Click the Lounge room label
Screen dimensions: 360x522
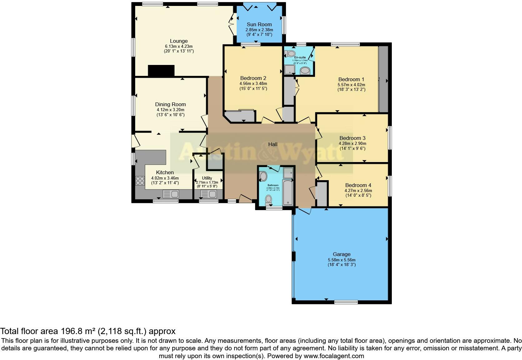[x=179, y=41]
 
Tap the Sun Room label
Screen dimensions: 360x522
[x=259, y=24]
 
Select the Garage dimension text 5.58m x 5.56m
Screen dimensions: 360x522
[x=342, y=260]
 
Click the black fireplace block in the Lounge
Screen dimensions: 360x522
[x=161, y=71]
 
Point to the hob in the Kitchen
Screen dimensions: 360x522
[x=140, y=180]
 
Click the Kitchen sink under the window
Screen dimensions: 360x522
[x=170, y=194]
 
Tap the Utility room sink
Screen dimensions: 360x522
[x=208, y=194]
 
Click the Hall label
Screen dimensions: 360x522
[x=273, y=144]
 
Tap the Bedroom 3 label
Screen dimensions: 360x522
[x=352, y=138]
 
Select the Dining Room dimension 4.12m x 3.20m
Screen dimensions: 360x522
[x=170, y=110]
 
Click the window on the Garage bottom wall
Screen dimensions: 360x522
[x=346, y=302]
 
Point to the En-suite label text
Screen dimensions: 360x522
[x=300, y=57]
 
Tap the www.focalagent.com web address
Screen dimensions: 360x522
[x=333, y=356]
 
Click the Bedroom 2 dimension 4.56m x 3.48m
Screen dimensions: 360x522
[x=253, y=84]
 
